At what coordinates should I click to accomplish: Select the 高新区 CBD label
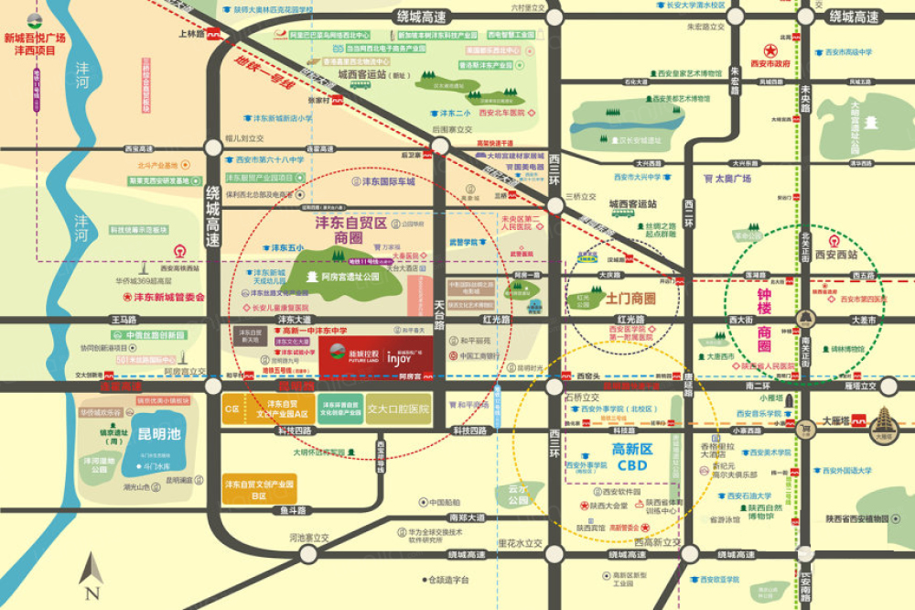pyautogui.click(x=630, y=457)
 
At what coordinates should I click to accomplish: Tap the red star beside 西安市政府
pyautogui.click(x=771, y=51)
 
